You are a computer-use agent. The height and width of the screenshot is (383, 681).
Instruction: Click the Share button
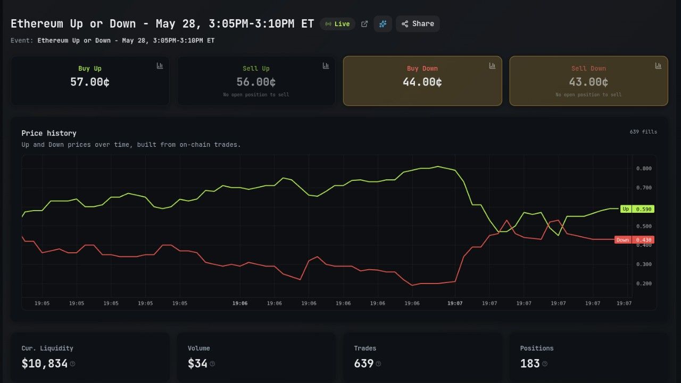click(418, 24)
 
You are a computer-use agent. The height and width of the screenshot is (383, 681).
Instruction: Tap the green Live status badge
click(337, 24)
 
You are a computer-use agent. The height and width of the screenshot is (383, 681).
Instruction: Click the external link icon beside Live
click(364, 24)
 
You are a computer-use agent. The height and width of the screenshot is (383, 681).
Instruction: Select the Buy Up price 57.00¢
click(90, 82)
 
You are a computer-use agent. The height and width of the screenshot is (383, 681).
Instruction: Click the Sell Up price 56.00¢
click(256, 82)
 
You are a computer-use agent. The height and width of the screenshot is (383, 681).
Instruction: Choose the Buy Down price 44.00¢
click(422, 82)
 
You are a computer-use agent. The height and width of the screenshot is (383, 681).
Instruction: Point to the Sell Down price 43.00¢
click(588, 82)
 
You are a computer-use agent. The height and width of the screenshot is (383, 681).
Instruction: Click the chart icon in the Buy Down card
click(492, 65)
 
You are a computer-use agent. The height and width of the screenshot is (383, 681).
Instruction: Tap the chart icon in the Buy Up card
click(160, 65)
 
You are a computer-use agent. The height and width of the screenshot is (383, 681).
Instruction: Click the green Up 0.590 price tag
click(637, 209)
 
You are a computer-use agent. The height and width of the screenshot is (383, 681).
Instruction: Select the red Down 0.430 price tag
click(634, 240)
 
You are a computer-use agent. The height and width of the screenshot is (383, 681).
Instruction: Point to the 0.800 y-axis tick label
click(644, 169)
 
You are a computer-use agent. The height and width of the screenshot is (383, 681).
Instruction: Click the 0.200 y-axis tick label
click(644, 284)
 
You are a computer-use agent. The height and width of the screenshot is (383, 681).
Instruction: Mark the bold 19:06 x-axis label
click(240, 303)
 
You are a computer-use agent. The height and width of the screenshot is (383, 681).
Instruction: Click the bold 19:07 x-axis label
click(455, 303)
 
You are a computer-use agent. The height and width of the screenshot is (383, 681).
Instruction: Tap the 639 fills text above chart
click(643, 132)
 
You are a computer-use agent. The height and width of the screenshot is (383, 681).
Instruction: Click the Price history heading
click(49, 133)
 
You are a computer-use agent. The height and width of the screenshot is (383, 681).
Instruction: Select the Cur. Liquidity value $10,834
click(44, 363)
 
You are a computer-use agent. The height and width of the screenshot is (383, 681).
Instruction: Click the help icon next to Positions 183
click(545, 364)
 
